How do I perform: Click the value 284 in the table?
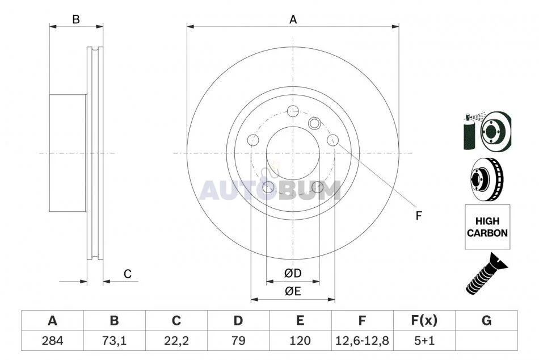pos(52,341)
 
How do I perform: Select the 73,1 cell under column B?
pos(114,341)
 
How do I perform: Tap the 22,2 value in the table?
pos(176,341)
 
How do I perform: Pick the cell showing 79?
pos(238,341)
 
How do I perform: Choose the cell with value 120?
pos(300,341)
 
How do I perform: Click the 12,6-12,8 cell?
pos(362,341)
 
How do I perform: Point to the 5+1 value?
pos(424,341)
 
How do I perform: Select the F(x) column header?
pos(424,320)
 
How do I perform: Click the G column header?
pos(486,320)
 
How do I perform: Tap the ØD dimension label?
pos(293,273)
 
